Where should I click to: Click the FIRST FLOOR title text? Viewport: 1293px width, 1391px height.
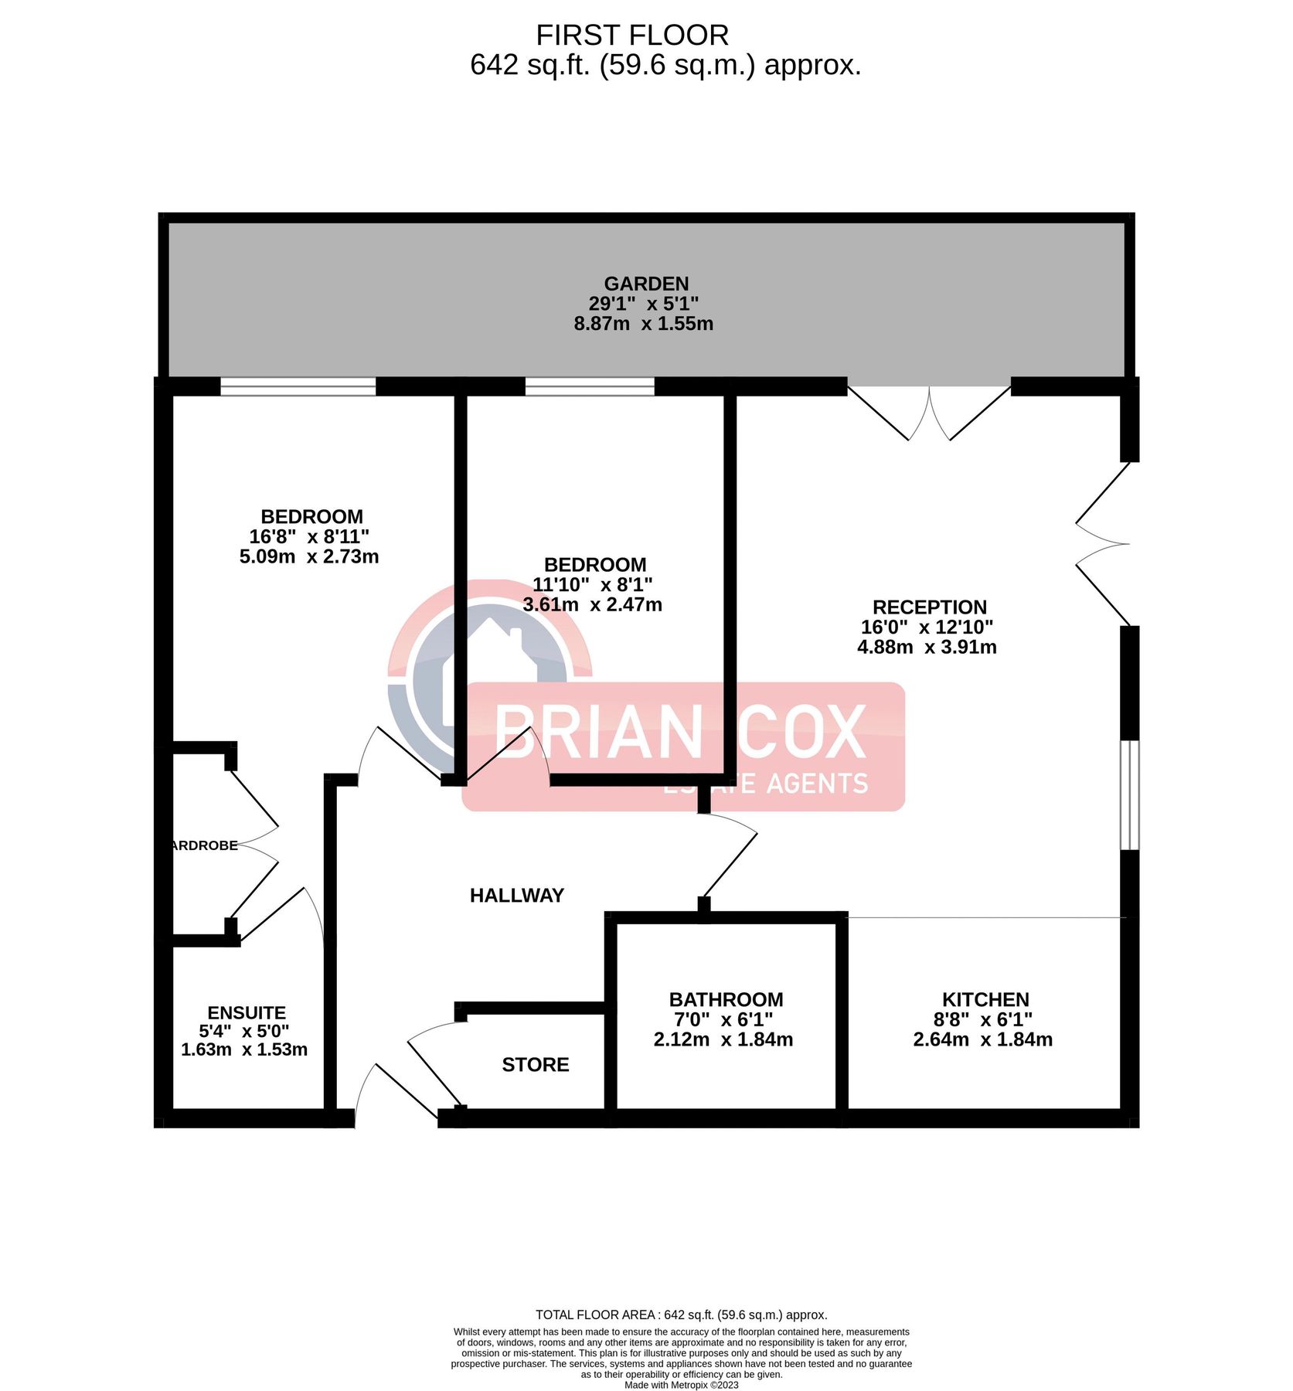click(631, 36)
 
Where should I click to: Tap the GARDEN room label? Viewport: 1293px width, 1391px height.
click(646, 284)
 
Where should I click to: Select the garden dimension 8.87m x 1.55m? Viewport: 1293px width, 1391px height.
click(643, 324)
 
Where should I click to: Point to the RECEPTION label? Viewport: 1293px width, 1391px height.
click(929, 607)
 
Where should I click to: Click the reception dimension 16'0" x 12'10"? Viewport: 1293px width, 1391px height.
click(927, 627)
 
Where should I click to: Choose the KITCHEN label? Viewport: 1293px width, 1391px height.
click(985, 999)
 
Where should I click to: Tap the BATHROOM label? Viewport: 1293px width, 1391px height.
click(726, 999)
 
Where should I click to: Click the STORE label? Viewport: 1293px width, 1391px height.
click(535, 1065)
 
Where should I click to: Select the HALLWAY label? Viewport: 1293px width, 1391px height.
click(516, 895)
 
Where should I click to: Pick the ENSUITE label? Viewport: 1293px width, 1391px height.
click(247, 1012)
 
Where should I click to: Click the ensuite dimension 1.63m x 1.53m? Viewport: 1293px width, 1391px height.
click(244, 1049)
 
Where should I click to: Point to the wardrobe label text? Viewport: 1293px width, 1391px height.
click(204, 845)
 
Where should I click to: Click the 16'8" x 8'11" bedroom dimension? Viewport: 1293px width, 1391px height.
click(309, 536)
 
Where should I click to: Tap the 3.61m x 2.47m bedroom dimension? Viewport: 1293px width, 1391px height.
click(592, 604)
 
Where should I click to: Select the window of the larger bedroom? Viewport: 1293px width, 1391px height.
click(298, 386)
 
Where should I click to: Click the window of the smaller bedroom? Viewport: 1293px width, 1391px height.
click(590, 386)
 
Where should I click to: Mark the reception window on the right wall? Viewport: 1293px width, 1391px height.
click(1129, 794)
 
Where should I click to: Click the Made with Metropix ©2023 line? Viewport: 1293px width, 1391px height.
click(681, 1385)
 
